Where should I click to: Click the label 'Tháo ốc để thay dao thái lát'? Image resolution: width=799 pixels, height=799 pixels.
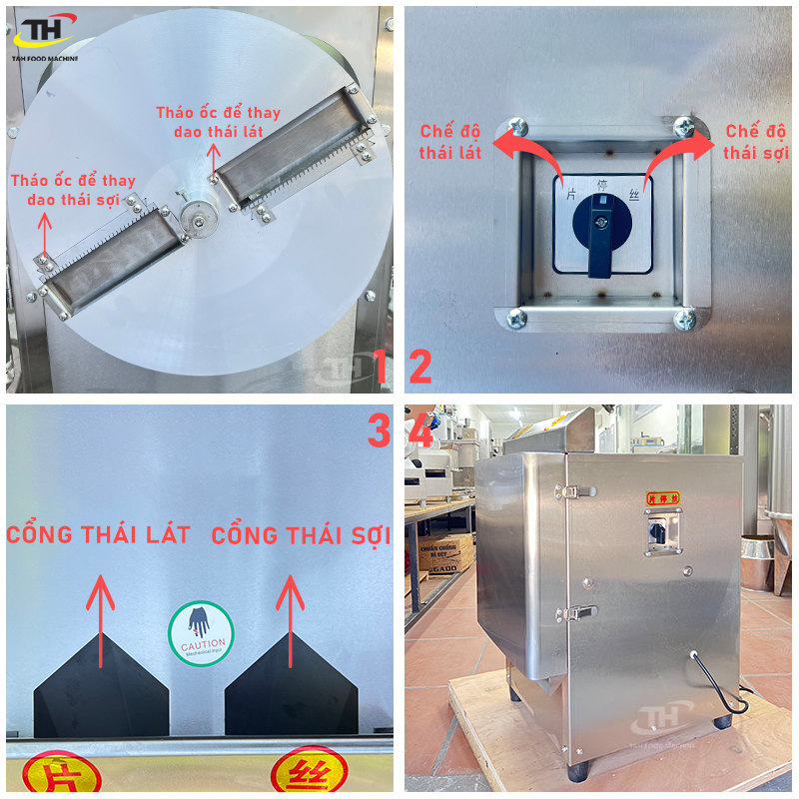(x=219, y=122)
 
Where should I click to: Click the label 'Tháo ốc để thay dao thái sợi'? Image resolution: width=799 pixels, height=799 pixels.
(x=73, y=190)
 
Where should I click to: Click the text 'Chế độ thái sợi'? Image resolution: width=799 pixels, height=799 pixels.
(x=756, y=142)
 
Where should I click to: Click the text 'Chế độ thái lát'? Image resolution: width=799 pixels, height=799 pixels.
(x=451, y=142)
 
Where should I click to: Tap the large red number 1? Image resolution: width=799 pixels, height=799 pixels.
(x=381, y=368)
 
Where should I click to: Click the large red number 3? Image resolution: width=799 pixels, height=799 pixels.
(x=379, y=431)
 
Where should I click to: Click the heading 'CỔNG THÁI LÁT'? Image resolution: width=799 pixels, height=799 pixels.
(x=98, y=535)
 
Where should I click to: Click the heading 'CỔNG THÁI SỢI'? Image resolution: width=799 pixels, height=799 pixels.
(x=301, y=536)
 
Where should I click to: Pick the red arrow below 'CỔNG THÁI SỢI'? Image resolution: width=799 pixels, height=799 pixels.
(x=290, y=619)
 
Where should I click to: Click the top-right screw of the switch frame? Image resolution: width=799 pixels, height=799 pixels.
(x=684, y=126)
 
